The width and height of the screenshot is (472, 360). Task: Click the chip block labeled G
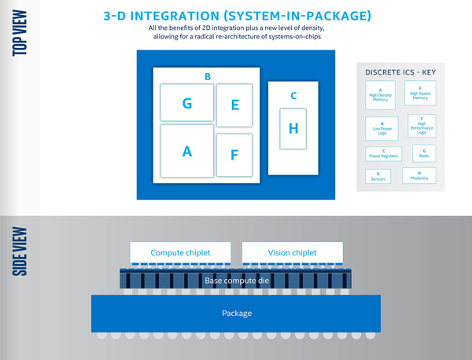(186, 102)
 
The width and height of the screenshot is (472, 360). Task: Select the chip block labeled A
(186, 151)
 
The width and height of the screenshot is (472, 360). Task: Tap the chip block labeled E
(234, 105)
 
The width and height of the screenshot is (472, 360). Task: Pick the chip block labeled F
(234, 155)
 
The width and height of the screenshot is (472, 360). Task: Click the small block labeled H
(293, 128)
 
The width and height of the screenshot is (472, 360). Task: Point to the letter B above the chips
(207, 76)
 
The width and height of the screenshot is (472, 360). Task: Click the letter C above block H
(293, 96)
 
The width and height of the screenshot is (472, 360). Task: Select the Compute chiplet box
(181, 252)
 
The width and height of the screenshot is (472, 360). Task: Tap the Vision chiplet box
(292, 252)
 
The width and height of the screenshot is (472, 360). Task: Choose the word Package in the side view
(236, 314)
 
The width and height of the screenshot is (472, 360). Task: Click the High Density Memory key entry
(381, 95)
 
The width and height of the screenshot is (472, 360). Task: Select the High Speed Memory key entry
(420, 94)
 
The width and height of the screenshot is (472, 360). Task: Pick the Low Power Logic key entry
(381, 127)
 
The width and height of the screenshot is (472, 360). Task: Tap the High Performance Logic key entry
(421, 126)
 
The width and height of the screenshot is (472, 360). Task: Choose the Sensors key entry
(378, 175)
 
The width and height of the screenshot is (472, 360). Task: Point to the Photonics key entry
(419, 175)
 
